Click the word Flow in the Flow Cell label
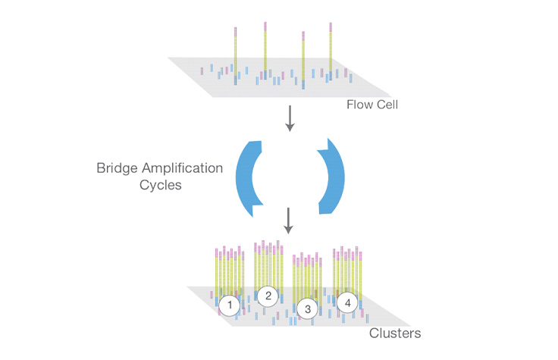tap(359, 105)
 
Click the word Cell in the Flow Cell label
tap(385, 105)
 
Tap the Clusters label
tap(394, 333)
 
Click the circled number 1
tap(229, 305)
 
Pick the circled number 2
tap(267, 296)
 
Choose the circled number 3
tap(307, 308)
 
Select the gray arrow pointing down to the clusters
tap(289, 221)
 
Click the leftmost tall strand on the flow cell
tap(236, 53)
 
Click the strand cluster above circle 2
tap(268, 261)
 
